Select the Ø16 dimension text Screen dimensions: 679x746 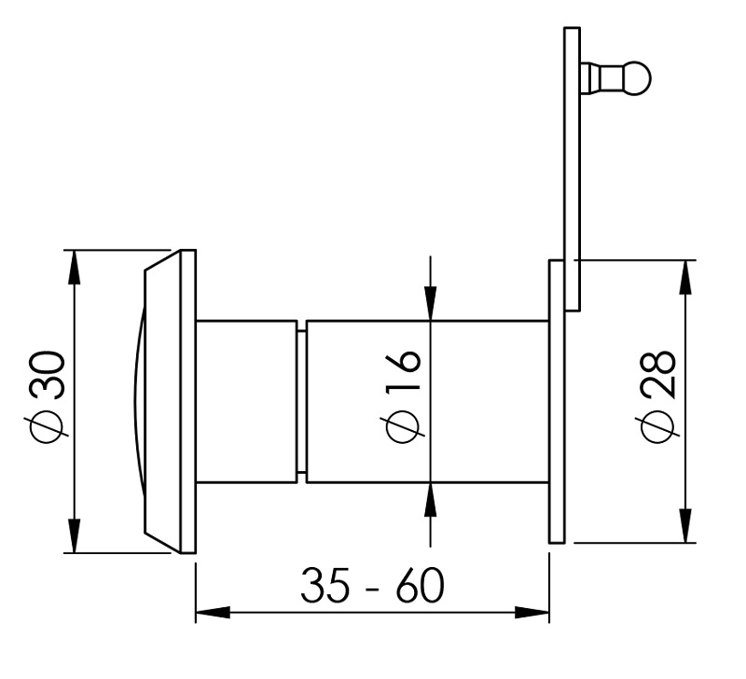(x=404, y=398)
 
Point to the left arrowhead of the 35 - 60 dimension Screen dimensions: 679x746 (x=210, y=614)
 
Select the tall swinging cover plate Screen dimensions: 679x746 (x=572, y=168)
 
